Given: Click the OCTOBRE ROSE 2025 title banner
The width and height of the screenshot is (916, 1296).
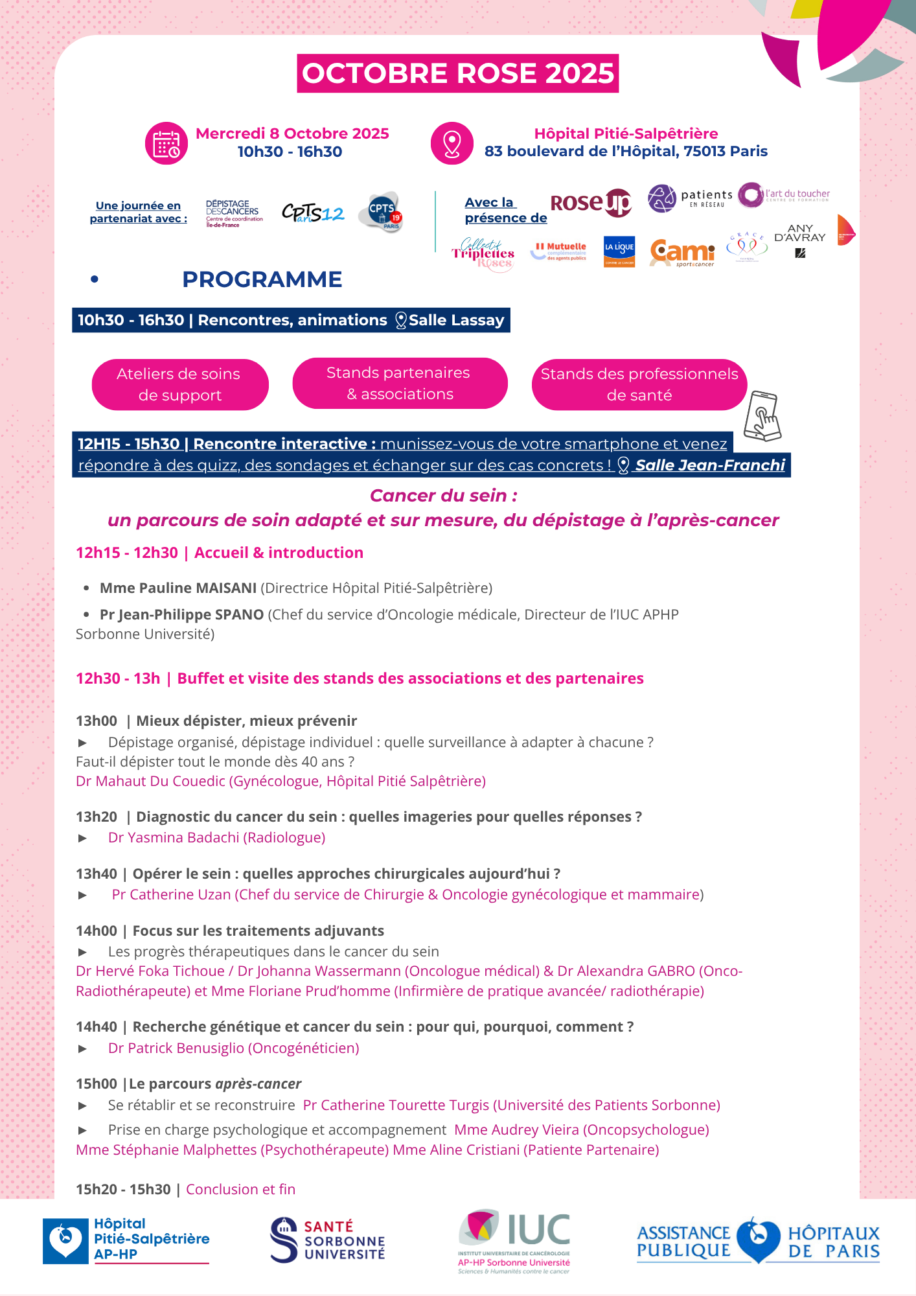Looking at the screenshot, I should pos(457,73).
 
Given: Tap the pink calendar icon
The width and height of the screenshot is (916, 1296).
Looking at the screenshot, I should pos(166,143).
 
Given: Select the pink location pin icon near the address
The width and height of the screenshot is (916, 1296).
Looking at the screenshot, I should pos(452,143).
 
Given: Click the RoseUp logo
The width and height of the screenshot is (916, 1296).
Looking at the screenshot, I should pos(590,203).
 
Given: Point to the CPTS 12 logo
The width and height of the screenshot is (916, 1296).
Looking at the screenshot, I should pos(313,213).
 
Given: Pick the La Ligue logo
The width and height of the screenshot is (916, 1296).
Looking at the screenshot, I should pos(619,251).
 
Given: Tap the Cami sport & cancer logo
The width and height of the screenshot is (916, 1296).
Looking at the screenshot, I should pos(682,252).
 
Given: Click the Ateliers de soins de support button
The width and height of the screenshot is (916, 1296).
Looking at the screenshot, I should pos(179,384).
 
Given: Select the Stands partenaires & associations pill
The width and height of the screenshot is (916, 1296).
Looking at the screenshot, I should pos(399,383).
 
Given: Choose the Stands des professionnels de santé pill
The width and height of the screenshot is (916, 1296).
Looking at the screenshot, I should pos(639,384).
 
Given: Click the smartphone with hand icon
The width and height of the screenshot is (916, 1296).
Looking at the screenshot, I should pos(762,416).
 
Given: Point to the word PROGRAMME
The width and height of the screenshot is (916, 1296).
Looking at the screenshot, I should pos(262,279).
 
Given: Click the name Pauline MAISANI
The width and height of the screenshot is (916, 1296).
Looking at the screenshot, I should pos(178,588).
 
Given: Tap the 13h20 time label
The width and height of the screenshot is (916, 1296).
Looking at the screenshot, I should pos(97,816).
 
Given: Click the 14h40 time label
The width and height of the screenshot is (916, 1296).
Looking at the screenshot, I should pos(97,1026).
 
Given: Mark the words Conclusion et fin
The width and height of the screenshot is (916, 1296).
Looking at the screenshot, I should pos(240,1189).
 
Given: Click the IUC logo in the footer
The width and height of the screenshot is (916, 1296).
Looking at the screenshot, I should pos(514,1240).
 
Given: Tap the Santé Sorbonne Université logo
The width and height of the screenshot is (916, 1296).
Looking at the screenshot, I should pos(328,1240).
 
